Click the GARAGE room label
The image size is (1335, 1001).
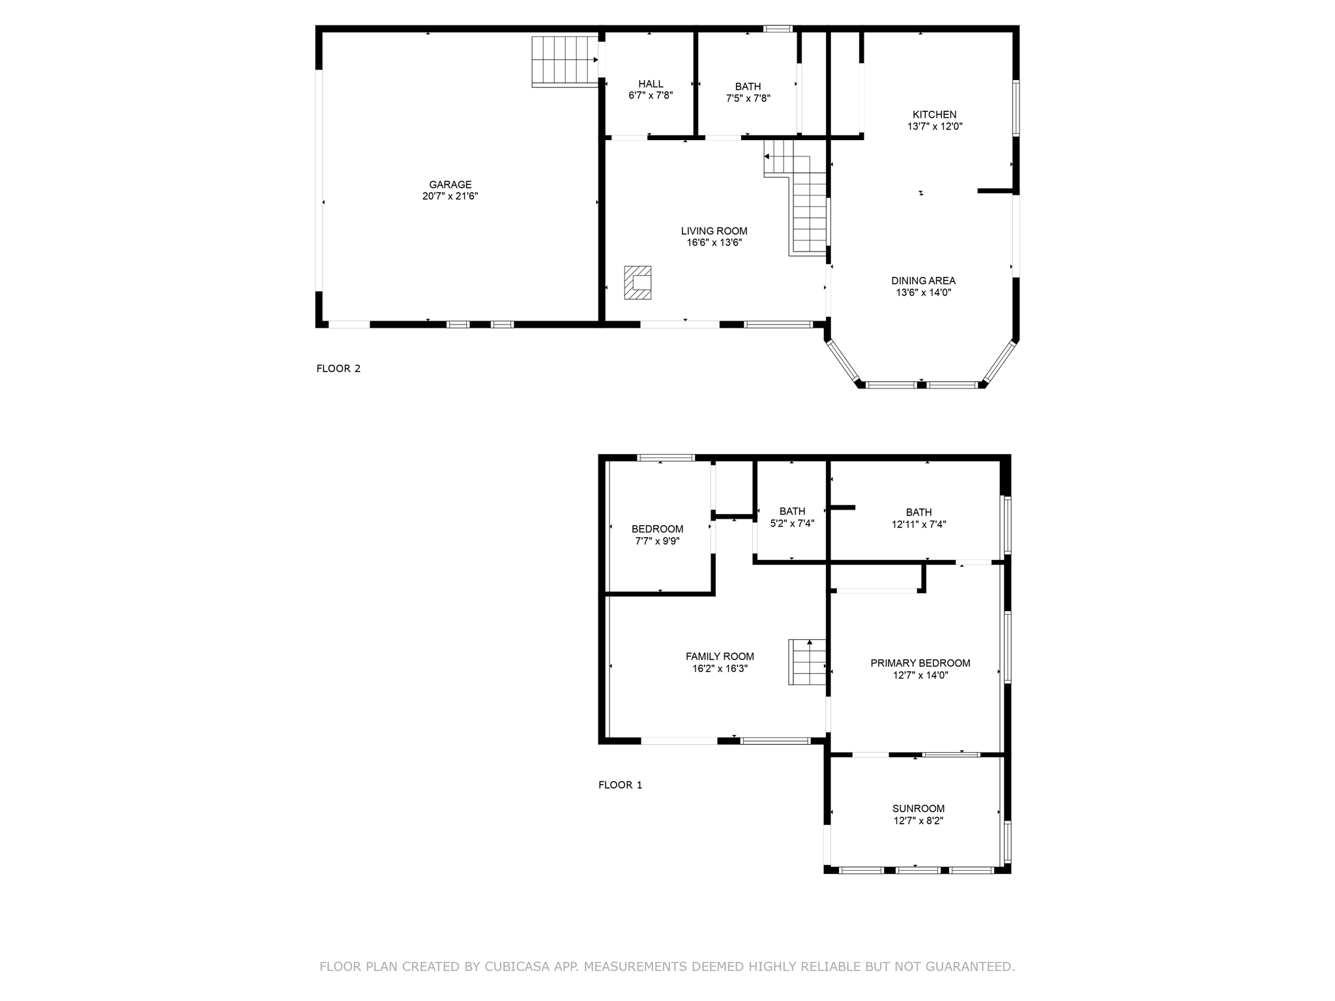[x=450, y=184]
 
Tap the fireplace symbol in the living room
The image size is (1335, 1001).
[x=638, y=282]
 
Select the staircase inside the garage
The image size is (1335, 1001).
[x=565, y=61]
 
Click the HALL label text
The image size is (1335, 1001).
[x=651, y=83]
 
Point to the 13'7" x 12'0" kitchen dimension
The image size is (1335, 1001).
[x=934, y=126]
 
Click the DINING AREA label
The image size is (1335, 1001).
[x=923, y=281]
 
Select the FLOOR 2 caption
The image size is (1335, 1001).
[x=338, y=368]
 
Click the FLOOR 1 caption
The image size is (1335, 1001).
[x=620, y=785]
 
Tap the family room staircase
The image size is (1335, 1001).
[x=808, y=661]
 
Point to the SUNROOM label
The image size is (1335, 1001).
[x=918, y=809]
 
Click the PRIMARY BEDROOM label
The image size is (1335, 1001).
[x=920, y=663]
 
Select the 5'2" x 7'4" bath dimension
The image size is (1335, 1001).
[x=792, y=523]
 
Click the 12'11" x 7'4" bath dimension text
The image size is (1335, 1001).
[x=918, y=524]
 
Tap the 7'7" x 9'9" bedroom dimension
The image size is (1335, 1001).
[x=657, y=541]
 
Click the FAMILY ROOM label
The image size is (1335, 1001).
[x=720, y=656]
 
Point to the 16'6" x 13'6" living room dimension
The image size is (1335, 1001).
[x=714, y=242]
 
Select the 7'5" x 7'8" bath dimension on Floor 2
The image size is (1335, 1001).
[x=748, y=98]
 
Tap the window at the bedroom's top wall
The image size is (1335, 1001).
[x=666, y=457]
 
